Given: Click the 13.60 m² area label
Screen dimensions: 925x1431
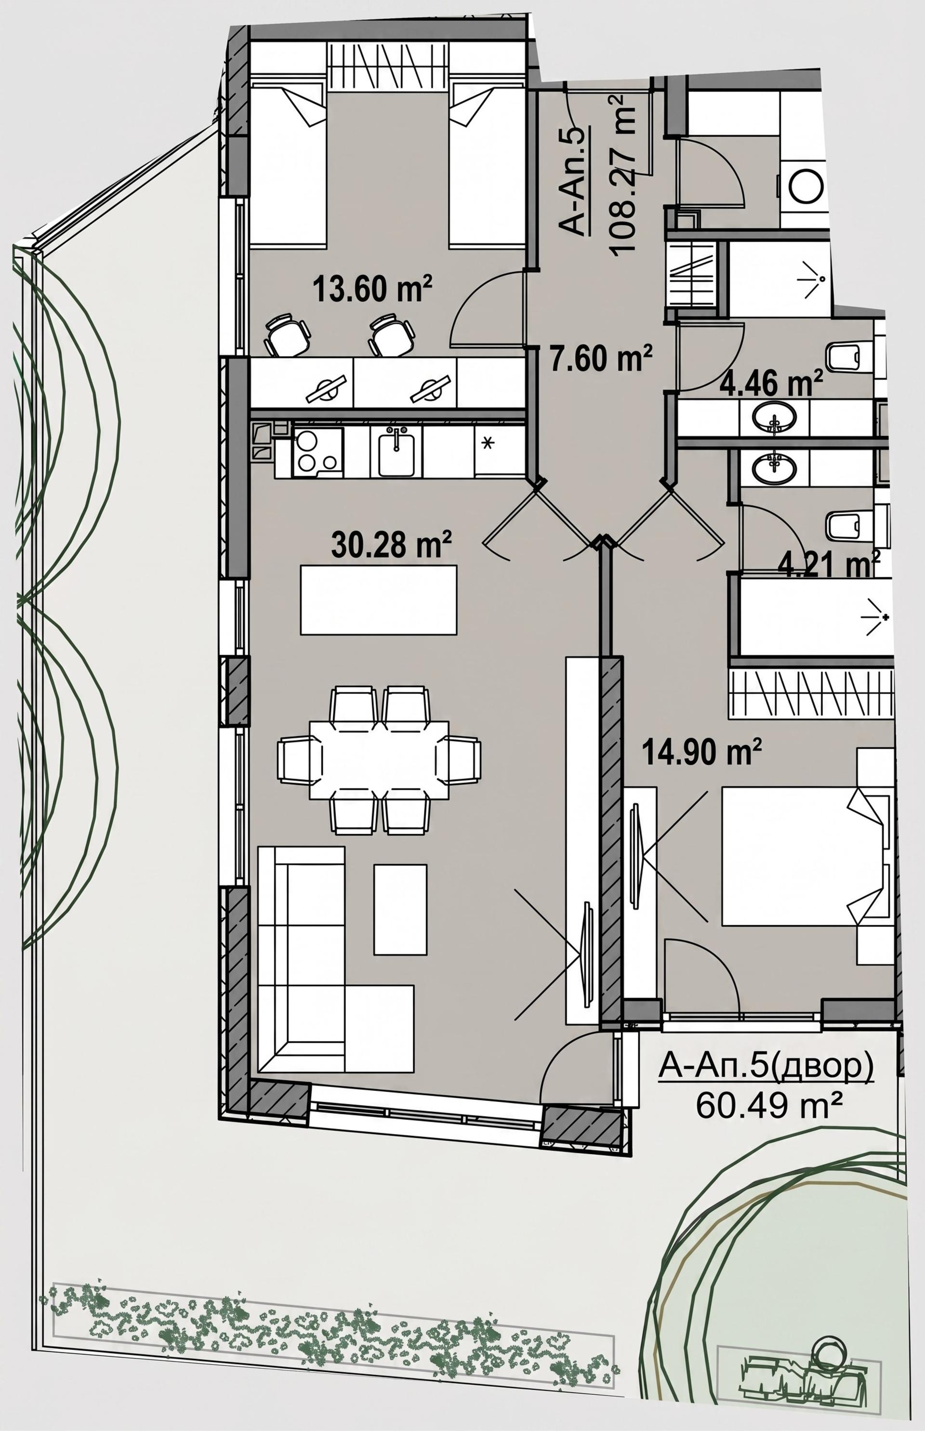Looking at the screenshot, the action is (x=372, y=290).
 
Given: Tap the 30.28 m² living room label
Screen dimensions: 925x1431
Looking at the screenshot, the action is (x=391, y=546).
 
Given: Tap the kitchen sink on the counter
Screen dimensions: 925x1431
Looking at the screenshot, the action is (x=396, y=452).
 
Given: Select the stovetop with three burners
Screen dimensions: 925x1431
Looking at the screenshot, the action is (x=317, y=452).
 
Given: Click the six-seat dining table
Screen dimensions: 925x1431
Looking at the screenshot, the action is (x=379, y=760).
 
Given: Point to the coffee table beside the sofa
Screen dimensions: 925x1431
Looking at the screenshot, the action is (x=400, y=909).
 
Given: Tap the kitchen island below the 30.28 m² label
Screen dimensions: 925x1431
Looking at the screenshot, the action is (x=378, y=599).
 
